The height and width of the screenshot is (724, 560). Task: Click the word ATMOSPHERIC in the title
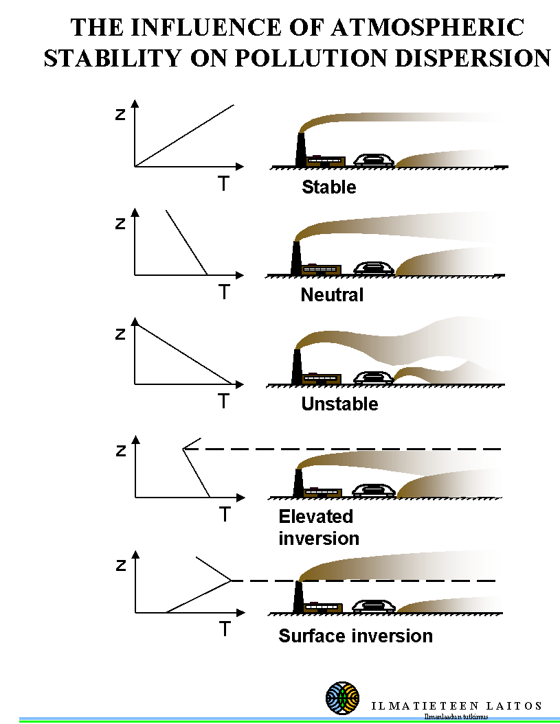427,27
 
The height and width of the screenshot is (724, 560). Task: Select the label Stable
329,187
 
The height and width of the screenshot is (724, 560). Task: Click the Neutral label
332,295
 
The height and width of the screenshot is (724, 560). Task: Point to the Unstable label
339,404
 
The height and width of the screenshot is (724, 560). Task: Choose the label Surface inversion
355,636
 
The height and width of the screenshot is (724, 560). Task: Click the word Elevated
315,516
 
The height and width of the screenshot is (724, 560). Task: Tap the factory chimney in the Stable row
300,150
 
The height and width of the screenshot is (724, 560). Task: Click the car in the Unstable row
373,377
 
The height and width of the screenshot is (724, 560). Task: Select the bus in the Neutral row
321,270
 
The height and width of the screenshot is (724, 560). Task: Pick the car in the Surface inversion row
373,607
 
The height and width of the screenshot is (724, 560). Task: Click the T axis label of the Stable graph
223,184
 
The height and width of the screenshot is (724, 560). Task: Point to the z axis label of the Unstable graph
121,334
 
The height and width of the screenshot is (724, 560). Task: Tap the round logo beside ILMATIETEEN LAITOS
342,699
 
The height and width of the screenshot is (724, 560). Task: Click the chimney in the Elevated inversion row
298,482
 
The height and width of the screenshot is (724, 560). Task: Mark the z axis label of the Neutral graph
121,224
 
